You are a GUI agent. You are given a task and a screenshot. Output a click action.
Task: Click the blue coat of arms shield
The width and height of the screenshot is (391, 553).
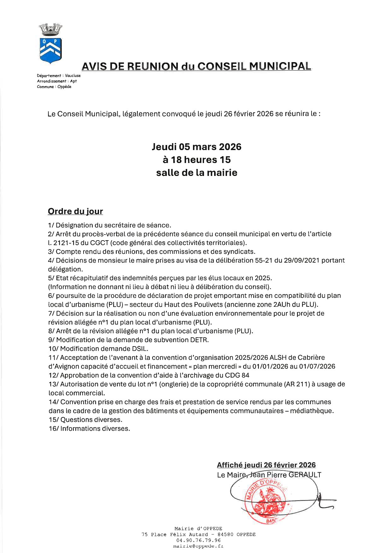50,50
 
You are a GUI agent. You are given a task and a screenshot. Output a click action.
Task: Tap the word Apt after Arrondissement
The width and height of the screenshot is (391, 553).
73,81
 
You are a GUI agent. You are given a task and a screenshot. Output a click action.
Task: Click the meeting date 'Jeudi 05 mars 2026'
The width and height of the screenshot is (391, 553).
196,147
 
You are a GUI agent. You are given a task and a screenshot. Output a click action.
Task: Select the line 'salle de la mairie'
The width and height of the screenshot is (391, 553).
196,173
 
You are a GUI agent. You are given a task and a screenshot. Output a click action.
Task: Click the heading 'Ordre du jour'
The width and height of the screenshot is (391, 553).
75,211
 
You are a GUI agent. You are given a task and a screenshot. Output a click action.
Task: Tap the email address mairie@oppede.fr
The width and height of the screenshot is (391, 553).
199,546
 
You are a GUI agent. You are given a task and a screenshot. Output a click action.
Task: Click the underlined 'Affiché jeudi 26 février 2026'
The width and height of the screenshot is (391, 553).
266,465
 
